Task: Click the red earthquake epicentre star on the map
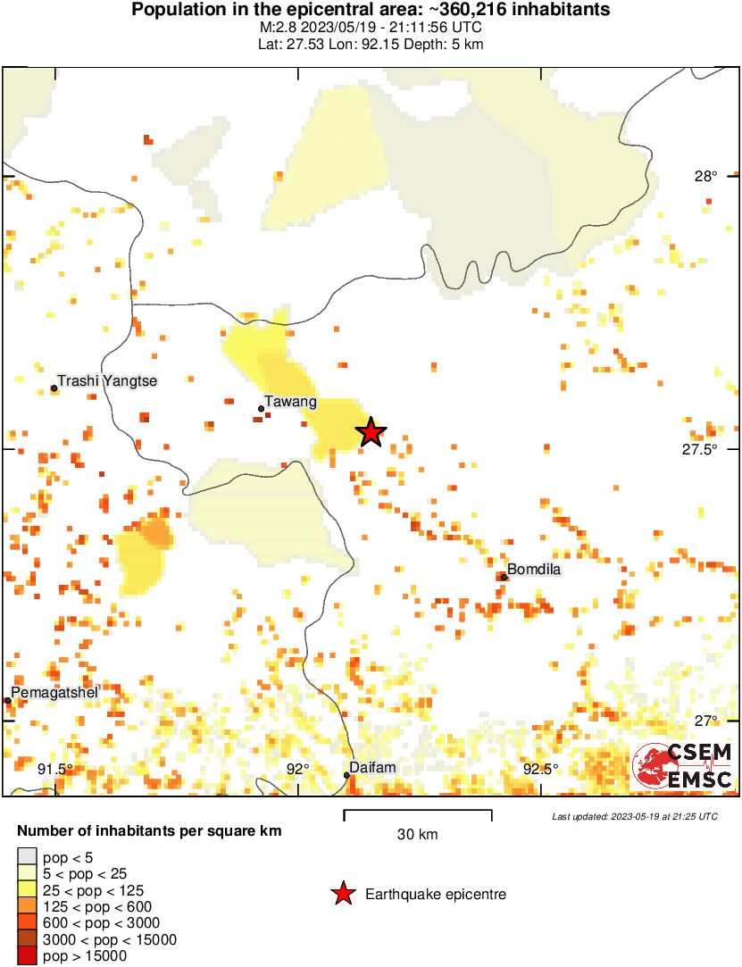371,432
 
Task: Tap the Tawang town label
288,403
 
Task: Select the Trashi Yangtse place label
107,381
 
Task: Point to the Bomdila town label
534,569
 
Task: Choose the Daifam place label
372,767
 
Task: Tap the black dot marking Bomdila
504,577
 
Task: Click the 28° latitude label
706,176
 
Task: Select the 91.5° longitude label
54,769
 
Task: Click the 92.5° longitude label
540,769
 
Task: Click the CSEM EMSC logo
683,765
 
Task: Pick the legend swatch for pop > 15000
28,955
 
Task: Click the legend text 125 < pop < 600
100,906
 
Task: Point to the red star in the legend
343,894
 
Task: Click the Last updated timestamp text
634,816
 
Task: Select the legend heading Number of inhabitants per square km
149,831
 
